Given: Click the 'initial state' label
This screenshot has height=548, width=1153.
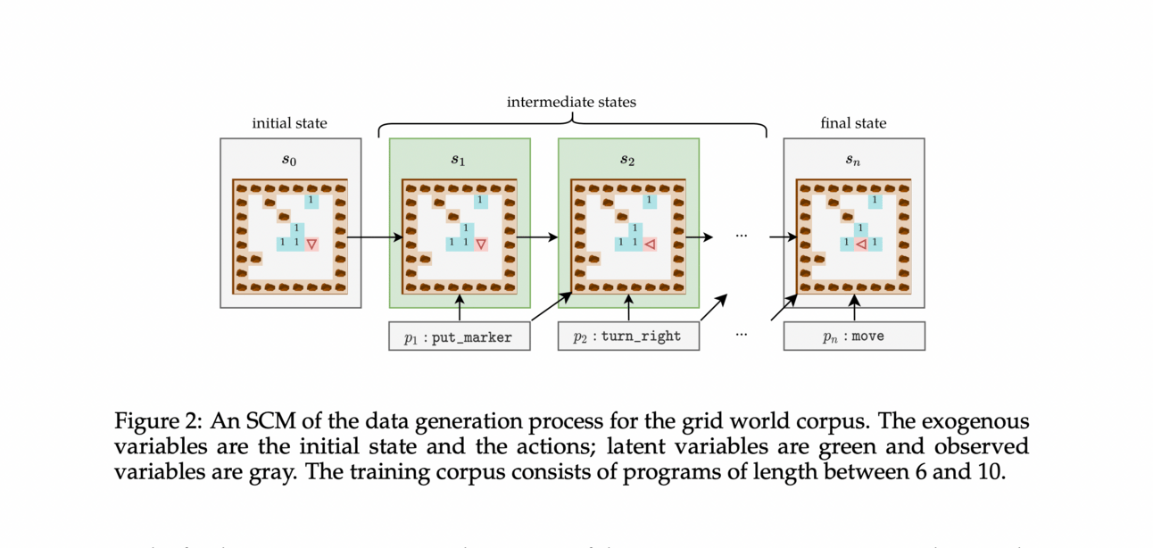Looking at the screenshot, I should (289, 123).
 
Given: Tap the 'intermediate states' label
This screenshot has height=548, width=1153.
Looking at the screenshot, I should (571, 102).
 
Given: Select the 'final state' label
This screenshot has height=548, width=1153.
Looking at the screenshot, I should (853, 123).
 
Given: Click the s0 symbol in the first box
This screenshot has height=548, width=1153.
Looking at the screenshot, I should (289, 161).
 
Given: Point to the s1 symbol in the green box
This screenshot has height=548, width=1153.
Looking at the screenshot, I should (459, 161).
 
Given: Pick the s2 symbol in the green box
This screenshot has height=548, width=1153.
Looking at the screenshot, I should (627, 161).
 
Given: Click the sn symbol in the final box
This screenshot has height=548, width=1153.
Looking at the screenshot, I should (853, 161).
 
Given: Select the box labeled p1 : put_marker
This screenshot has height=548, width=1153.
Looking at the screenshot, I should (459, 336).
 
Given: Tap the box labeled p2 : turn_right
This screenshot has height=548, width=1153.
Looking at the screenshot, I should (627, 336).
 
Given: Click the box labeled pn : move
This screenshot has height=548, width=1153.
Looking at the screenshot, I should (853, 336).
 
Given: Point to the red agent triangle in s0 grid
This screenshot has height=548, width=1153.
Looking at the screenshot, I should (311, 244).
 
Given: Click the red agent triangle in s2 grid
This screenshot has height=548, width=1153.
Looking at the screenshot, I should (651, 244).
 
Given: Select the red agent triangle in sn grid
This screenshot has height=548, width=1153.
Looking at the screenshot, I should (861, 244).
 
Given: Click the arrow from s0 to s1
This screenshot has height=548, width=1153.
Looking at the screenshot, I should (375, 237).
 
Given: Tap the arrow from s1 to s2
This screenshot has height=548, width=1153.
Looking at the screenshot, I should (536, 237).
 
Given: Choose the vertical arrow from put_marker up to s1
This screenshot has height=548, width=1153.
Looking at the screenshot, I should (459, 308).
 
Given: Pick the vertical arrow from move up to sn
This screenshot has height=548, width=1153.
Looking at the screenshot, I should (853, 308).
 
